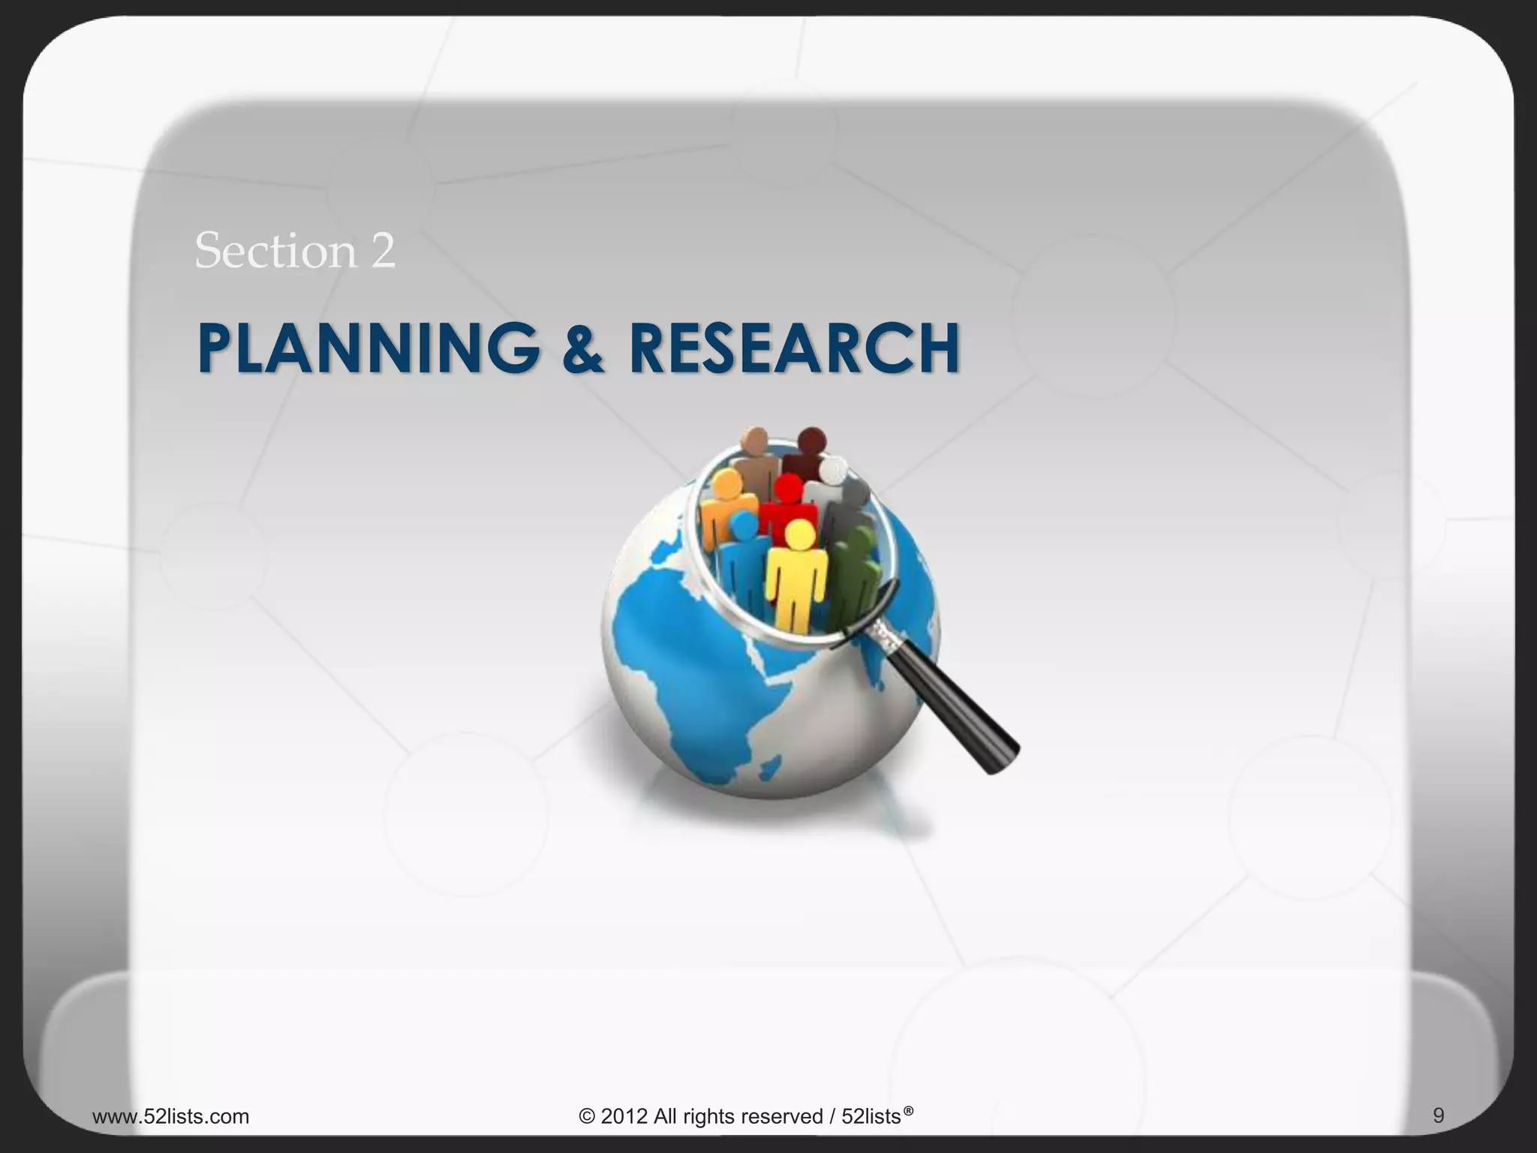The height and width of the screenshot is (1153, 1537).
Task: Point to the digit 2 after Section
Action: coord(382,251)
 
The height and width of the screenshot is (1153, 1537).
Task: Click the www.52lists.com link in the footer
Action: coord(170,1116)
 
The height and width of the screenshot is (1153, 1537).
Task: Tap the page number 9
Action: coord(1438,1115)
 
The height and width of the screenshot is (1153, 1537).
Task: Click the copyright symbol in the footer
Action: coord(587,1116)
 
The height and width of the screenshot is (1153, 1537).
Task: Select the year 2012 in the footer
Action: coord(624,1116)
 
